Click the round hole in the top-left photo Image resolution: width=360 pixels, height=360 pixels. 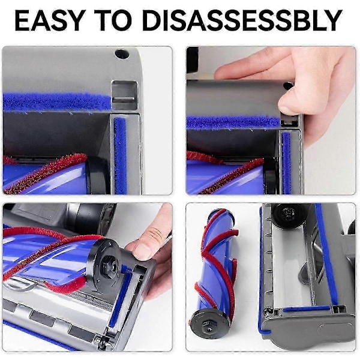point(122,54)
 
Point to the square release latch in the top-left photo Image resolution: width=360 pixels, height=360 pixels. point(124,95)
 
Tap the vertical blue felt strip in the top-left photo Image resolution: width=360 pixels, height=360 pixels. point(120,155)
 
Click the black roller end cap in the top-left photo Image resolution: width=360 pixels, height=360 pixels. point(97,175)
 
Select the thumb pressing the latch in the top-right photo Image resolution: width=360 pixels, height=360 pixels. point(290,100)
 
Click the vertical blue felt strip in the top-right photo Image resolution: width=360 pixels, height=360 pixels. point(286,163)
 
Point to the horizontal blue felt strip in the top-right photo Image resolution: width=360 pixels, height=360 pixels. point(233,122)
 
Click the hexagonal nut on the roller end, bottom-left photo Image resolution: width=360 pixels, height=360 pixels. point(109,267)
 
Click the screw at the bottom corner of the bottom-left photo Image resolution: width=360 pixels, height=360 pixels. point(101,344)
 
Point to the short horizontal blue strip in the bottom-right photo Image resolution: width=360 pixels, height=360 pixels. point(306,308)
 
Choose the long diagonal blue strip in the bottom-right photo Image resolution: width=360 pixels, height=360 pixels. point(326,255)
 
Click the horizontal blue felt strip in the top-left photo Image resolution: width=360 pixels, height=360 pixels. point(57,102)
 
